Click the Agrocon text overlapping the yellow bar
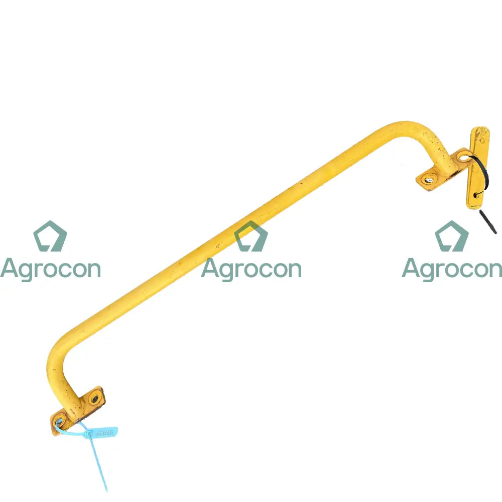pyautogui.click(x=251, y=269)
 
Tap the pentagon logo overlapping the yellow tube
pyautogui.click(x=251, y=236)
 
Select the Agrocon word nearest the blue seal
pyautogui.click(x=50, y=269)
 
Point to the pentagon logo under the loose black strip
pyautogui.click(x=452, y=236)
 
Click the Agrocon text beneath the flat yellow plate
pyautogui.click(x=452, y=269)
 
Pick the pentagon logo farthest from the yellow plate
pyautogui.click(x=50, y=236)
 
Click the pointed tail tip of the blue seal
pyautogui.click(x=106, y=490)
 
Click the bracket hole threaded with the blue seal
pyautogui.click(x=60, y=422)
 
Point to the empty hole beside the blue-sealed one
pyautogui.click(x=93, y=399)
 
